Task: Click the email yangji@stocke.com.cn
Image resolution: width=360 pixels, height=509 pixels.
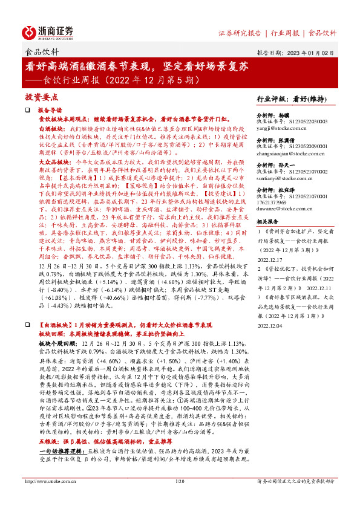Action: click(x=279, y=128)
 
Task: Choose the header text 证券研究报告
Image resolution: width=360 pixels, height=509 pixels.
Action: click(x=239, y=32)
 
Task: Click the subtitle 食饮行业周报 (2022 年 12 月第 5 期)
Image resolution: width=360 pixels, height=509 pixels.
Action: click(x=125, y=79)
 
